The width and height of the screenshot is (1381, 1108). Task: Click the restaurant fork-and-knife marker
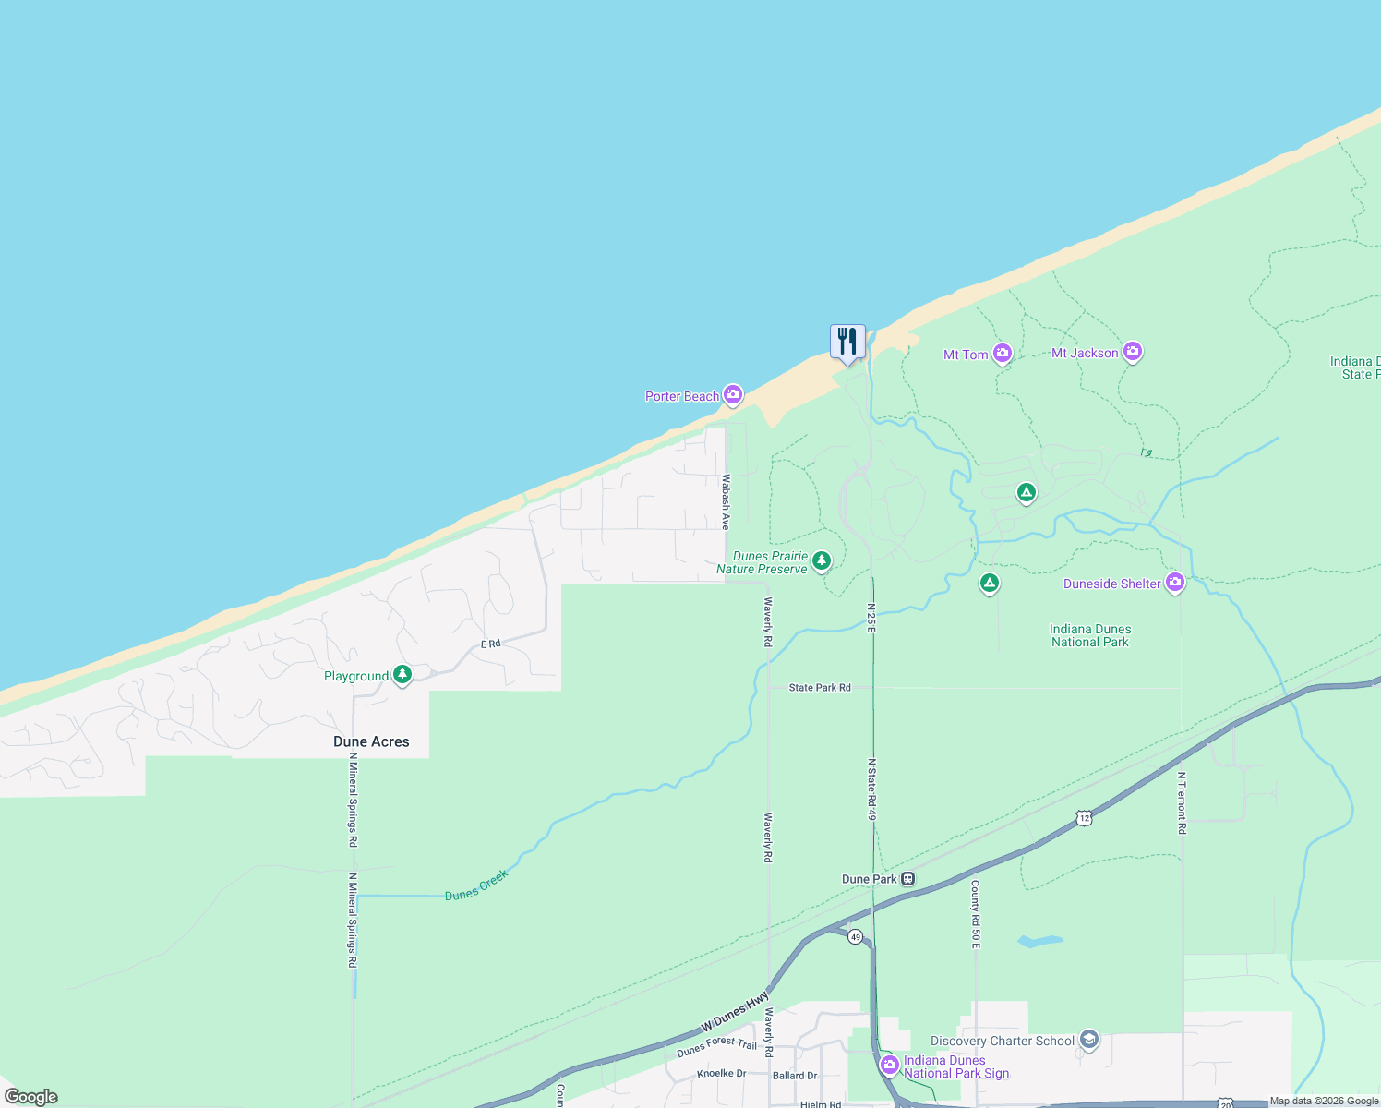[x=847, y=342]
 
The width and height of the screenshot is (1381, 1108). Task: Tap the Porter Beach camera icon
[x=733, y=395]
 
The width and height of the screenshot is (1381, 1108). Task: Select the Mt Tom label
[x=966, y=355]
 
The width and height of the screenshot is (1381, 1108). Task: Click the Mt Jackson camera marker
[x=1133, y=352]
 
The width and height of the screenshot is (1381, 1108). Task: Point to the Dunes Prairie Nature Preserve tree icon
[x=821, y=560]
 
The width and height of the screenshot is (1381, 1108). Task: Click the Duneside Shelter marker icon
[x=1175, y=583]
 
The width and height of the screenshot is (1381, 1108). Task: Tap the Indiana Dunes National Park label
[x=1089, y=635]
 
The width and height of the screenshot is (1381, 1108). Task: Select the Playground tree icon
[x=402, y=675]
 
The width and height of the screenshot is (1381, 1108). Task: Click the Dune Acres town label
[x=371, y=741]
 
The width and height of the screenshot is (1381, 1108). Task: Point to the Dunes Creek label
[x=476, y=885]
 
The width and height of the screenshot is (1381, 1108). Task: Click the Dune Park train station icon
[x=908, y=879]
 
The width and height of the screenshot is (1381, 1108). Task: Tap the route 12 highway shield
[x=1084, y=818]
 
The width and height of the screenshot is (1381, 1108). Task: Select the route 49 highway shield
[x=856, y=937]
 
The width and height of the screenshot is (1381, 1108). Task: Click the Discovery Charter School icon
[x=1089, y=1041]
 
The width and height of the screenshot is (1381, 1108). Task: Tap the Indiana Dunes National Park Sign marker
[x=890, y=1066]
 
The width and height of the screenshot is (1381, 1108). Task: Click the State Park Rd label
[x=820, y=688]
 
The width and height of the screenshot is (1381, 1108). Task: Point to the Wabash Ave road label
[x=726, y=501]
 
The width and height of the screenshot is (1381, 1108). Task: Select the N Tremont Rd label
[x=1182, y=803]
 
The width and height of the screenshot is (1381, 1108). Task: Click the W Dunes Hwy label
[x=735, y=1012]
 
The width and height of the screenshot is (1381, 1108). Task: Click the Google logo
[x=31, y=1097]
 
